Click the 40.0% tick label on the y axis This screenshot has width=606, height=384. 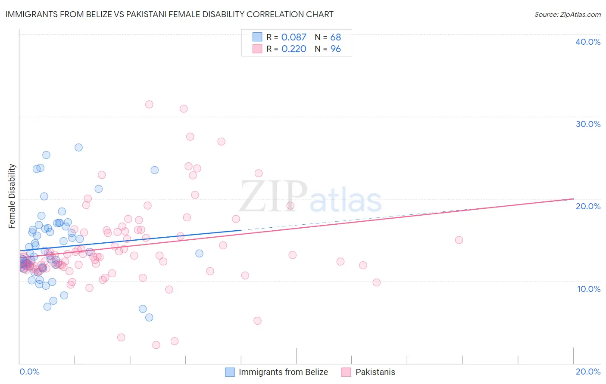(x=588, y=42)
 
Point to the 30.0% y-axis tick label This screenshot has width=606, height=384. (x=588, y=124)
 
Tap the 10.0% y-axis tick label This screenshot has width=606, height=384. (x=589, y=289)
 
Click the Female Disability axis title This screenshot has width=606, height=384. (x=12, y=196)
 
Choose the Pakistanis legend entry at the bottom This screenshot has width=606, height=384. (x=375, y=372)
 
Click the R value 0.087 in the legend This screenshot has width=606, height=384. (x=294, y=37)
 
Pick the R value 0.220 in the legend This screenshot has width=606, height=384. (x=294, y=49)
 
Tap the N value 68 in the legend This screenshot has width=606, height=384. (x=335, y=37)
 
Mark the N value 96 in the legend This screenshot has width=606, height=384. (x=335, y=49)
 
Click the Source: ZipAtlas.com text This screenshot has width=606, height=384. (x=567, y=15)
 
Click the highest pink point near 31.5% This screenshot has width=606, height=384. (x=149, y=104)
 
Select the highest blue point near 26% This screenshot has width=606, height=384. (x=78, y=147)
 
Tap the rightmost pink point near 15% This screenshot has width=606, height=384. (x=459, y=240)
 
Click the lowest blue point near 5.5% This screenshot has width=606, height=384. (x=149, y=318)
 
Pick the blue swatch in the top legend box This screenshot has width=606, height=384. (x=257, y=37)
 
